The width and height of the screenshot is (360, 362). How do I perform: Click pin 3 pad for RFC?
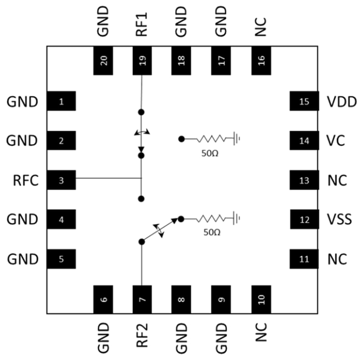(x=61, y=180)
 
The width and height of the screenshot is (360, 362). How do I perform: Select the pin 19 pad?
(x=142, y=60)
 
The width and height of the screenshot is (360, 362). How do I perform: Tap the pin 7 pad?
(x=142, y=299)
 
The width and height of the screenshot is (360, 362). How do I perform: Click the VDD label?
(x=342, y=102)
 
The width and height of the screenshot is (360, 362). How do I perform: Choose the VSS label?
(x=339, y=220)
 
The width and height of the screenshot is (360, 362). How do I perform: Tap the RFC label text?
(x=26, y=181)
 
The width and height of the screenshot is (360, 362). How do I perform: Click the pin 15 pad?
(x=304, y=102)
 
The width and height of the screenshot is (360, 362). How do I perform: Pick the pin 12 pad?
(x=304, y=220)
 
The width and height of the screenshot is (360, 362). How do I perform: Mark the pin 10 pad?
(x=261, y=299)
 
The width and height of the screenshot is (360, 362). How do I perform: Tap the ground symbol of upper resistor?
(x=237, y=139)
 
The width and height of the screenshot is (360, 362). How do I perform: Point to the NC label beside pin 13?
(x=337, y=181)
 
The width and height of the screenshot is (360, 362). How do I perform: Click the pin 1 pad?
(x=61, y=102)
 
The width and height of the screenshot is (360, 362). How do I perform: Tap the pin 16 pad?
(x=261, y=60)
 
